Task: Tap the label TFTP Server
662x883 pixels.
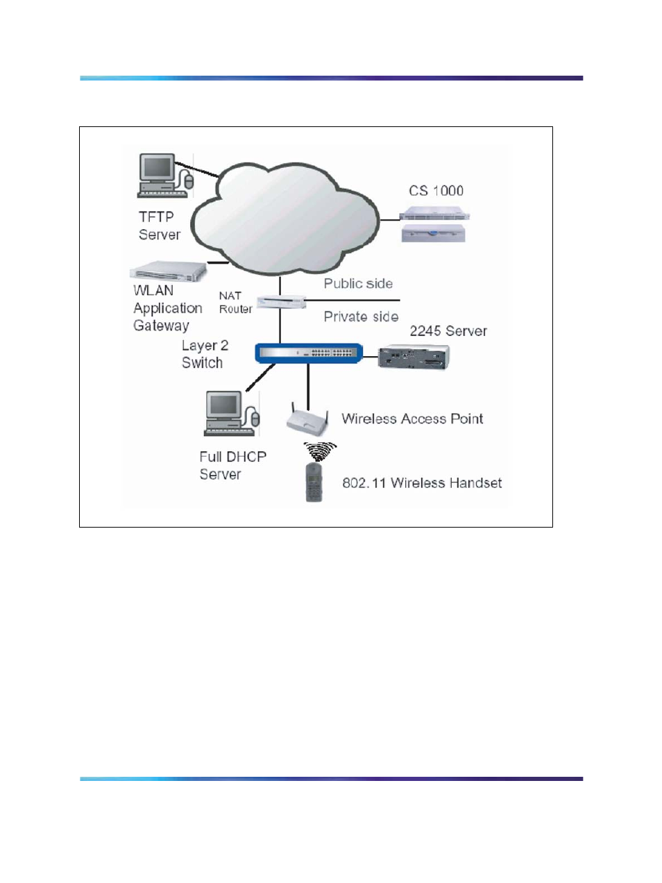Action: click(x=159, y=226)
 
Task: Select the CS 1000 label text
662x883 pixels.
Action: click(x=436, y=191)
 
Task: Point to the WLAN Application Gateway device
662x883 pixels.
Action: click(x=169, y=271)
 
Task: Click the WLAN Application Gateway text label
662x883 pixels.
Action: click(x=168, y=308)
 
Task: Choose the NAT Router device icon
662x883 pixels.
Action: click(x=281, y=301)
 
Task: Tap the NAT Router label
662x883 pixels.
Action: click(x=235, y=302)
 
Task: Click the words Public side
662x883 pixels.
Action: click(x=358, y=284)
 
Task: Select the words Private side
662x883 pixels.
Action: click(x=361, y=317)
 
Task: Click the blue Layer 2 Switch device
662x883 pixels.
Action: click(x=309, y=353)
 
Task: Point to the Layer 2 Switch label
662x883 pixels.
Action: click(x=205, y=354)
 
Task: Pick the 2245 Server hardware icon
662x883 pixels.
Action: click(x=414, y=356)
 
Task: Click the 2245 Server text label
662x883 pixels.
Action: click(x=448, y=331)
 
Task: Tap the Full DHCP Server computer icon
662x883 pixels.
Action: click(x=232, y=414)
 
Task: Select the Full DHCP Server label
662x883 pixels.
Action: click(x=232, y=465)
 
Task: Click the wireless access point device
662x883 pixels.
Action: click(x=307, y=419)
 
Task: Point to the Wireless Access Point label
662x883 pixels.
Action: click(x=412, y=419)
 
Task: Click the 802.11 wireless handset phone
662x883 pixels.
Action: click(x=314, y=482)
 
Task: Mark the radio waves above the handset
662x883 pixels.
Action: click(x=320, y=451)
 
